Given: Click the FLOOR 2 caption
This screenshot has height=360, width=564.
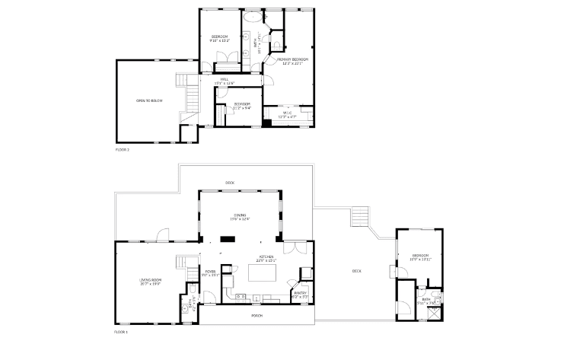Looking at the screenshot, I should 123,149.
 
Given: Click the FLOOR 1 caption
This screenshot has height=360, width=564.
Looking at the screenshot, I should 122,333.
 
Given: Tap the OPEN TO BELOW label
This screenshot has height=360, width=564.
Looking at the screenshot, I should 149,100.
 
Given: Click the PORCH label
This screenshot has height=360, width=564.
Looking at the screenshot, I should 257,315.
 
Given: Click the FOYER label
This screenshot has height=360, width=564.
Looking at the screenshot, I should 210,271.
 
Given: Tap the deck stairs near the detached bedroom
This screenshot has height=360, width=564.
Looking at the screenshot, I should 359,218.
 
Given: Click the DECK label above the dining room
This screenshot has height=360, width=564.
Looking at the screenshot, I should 229,182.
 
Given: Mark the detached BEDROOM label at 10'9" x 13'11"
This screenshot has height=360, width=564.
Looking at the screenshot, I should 421,256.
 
